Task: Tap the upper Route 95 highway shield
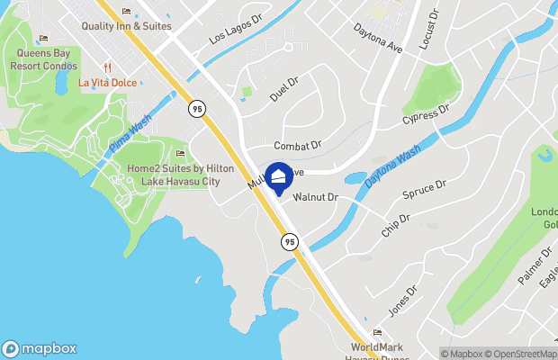click(197, 108)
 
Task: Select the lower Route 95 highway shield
click(288, 241)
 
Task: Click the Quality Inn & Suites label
click(126, 26)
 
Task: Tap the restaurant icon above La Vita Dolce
click(107, 67)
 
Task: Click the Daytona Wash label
click(392, 168)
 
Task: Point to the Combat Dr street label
click(297, 145)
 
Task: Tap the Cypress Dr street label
click(426, 115)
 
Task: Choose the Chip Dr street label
click(395, 225)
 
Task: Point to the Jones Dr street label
click(402, 300)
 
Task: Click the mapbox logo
click(40, 348)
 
